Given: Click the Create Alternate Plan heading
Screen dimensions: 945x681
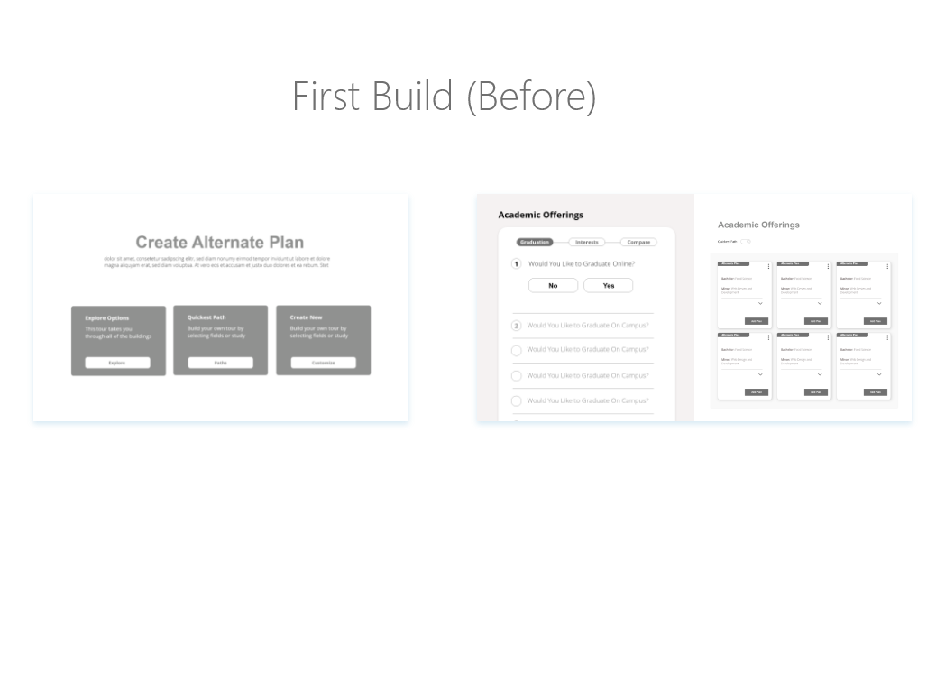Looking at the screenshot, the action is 220,242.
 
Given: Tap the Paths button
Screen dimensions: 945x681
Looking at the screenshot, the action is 221,363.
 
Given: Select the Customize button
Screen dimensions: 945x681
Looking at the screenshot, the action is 323,363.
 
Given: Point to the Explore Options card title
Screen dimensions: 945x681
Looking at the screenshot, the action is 107,318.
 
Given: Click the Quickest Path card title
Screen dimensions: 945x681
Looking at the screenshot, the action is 206,317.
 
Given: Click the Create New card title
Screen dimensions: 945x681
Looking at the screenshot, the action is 306,317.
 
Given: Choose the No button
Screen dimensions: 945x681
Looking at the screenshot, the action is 553,285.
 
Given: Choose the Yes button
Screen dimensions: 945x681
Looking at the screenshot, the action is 609,285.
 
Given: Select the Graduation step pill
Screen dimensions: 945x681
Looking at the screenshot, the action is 535,242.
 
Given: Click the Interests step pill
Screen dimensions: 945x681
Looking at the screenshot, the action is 587,242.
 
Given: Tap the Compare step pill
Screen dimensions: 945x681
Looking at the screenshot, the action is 638,242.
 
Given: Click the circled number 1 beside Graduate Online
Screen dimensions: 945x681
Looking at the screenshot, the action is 517,264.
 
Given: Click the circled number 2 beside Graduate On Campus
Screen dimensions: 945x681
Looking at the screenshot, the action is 517,326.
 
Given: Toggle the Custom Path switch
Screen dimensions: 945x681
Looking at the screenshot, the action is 746,242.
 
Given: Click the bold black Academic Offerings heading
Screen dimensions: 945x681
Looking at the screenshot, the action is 541,215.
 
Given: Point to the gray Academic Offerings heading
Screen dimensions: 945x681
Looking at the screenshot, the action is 758,225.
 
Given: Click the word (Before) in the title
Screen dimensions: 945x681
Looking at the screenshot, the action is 531,96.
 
